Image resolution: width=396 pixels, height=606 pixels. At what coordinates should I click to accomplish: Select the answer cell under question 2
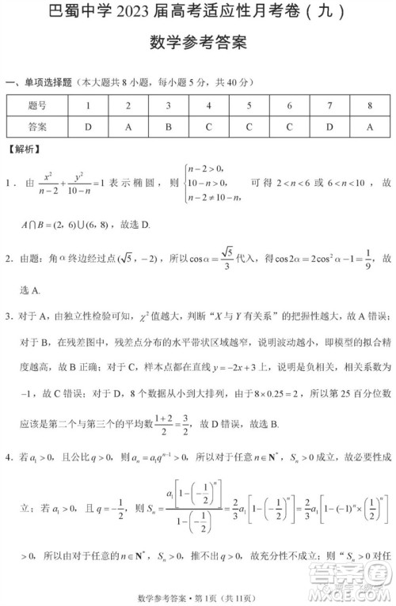(128, 127)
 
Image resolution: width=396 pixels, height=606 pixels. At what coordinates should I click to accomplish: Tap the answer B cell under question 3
(169, 127)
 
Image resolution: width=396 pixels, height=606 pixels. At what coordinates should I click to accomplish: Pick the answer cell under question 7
(329, 127)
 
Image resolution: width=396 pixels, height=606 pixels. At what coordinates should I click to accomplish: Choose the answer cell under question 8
(370, 127)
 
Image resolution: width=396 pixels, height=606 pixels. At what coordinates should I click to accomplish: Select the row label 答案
(37, 127)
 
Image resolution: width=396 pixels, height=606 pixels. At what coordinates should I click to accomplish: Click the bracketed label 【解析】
(25, 149)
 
